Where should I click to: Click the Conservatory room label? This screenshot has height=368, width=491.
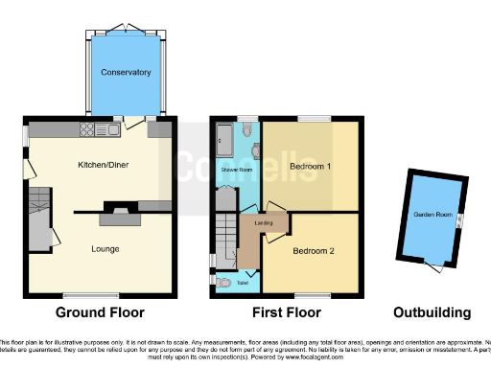pos(127,72)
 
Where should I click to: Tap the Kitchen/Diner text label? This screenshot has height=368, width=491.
pos(103,166)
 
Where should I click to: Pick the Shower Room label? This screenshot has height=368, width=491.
pos(236,170)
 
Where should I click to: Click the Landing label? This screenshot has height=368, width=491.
pos(260,225)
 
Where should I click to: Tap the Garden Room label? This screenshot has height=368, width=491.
pos(428,216)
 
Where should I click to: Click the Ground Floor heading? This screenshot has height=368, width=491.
pos(100,312)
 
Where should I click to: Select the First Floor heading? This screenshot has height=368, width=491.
pos(284,312)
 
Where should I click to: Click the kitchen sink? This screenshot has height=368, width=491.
pos(113,129)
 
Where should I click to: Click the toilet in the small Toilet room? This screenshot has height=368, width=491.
pos(223,283)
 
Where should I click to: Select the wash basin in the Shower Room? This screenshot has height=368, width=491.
pos(252,151)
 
